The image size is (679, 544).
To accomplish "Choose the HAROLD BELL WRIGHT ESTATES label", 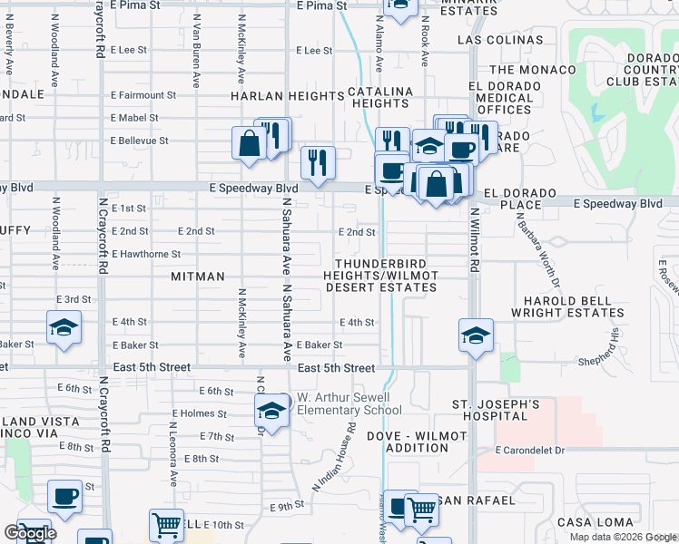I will pyautogui.click(x=569, y=306).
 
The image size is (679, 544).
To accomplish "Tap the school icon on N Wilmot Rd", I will pyautogui.click(x=476, y=335).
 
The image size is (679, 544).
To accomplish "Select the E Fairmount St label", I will pyautogui.click(x=143, y=95).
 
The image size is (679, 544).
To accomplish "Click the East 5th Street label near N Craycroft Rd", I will pyautogui.click(x=153, y=367).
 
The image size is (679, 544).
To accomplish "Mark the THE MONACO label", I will pyautogui.click(x=532, y=70).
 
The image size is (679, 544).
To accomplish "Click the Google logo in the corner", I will pyautogui.click(x=31, y=533).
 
